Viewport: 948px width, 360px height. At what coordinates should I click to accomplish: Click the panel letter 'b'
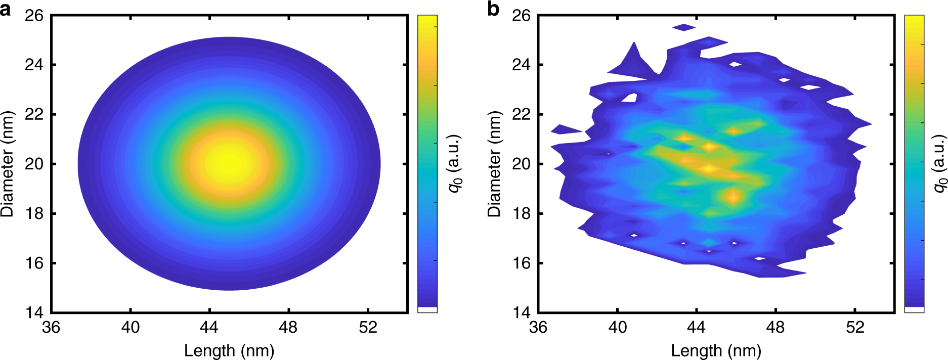point(493,10)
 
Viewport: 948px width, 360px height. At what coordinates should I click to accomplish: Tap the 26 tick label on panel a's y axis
point(34,16)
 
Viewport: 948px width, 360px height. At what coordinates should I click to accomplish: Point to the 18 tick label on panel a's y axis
point(34,213)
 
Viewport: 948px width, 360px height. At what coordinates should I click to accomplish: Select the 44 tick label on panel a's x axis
point(209,328)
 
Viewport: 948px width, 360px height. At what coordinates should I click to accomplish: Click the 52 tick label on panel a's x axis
point(368,328)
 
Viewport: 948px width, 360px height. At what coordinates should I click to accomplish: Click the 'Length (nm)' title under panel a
point(229,350)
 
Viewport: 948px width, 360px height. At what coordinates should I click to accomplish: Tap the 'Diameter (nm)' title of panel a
point(8,164)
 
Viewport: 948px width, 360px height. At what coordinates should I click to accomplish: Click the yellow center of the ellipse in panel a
point(229,163)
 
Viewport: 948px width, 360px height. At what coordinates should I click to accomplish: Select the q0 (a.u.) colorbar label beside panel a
point(455,163)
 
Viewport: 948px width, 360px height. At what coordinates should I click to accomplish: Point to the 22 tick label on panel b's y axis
point(522,114)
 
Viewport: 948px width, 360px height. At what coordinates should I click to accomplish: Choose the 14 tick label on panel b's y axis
point(522,312)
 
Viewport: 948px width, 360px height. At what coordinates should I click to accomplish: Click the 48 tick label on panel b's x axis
point(775,328)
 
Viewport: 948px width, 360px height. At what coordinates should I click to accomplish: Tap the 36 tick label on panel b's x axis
point(538,328)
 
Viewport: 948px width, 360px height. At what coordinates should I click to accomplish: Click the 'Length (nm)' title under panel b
point(716,350)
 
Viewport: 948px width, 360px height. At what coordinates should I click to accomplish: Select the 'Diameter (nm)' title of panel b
point(494,164)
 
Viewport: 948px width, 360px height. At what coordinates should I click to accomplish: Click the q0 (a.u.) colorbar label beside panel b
point(939,163)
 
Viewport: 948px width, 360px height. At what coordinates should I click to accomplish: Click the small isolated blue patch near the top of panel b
point(684,27)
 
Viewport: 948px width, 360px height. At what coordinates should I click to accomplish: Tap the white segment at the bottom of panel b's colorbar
point(914,309)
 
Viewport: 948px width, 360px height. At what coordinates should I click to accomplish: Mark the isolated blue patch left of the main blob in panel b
point(565,130)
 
